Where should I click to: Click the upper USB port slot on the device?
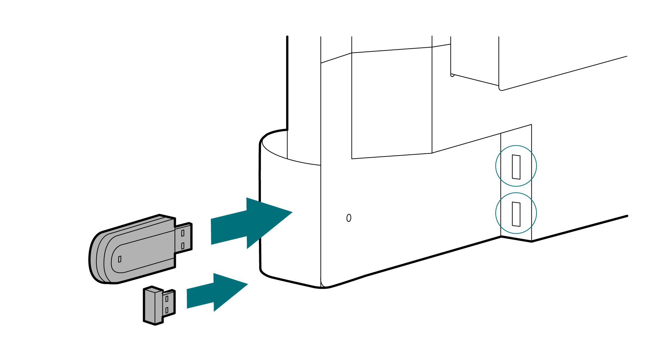pos(516,167)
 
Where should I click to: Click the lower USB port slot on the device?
pos(516,214)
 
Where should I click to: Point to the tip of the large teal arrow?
pos(291,212)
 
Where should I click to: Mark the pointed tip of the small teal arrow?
pos(246,285)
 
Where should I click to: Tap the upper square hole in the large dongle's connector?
pos(183,233)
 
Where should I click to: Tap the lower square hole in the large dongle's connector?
pos(183,246)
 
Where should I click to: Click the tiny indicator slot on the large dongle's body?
pos(120,259)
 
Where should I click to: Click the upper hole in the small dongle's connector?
pos(167,299)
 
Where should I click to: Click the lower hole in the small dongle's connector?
pos(167,311)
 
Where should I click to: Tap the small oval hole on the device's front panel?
pos(349,218)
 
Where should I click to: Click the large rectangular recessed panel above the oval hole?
pos(391,104)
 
